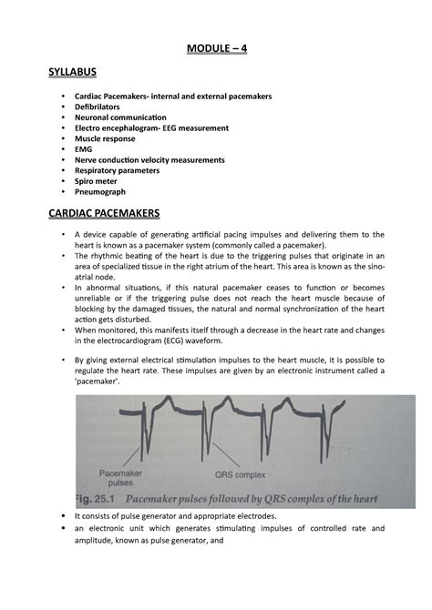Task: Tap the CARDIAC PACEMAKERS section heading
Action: (x=103, y=213)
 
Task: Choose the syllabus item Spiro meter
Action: (x=99, y=181)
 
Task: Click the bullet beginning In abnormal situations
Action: (x=62, y=288)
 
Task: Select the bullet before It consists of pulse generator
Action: (x=62, y=516)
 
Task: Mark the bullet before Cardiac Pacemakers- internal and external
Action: (x=62, y=97)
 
